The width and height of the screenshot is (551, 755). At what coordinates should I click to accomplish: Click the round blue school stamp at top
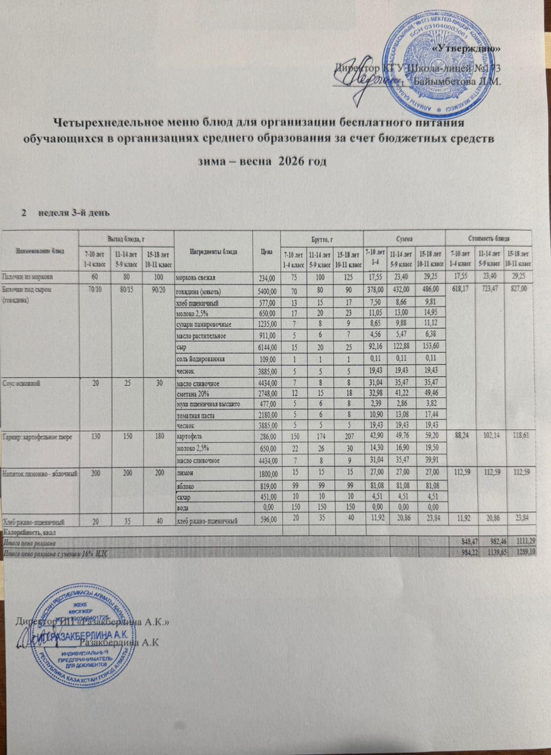[x=436, y=64]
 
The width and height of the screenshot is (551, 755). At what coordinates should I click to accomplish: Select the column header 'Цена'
[x=266, y=252]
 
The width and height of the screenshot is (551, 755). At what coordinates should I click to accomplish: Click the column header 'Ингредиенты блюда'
[x=213, y=252]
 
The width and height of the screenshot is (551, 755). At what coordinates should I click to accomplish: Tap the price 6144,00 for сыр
[x=268, y=347]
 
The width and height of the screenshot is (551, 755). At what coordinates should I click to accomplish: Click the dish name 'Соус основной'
[x=21, y=383]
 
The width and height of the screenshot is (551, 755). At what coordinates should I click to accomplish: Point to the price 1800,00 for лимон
[x=268, y=473]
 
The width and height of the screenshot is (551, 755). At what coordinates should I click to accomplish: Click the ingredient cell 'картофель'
[x=188, y=436]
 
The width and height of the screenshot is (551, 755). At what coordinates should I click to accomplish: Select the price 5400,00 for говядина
[x=268, y=290]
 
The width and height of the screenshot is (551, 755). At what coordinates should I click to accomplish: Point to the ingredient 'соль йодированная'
[x=200, y=359]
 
